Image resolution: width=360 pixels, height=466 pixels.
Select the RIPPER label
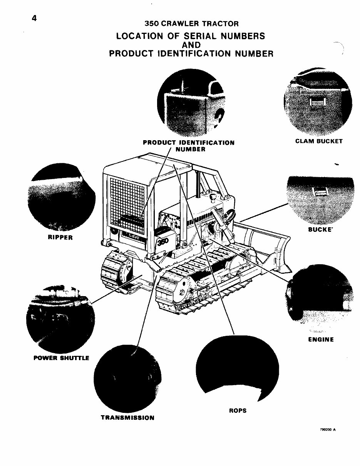(x=60, y=238)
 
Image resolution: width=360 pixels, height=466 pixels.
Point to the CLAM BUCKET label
(x=318, y=141)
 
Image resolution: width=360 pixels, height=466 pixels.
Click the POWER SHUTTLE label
(x=61, y=358)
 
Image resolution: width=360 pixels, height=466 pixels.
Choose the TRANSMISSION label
(x=127, y=418)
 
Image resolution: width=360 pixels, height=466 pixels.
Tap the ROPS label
(x=238, y=411)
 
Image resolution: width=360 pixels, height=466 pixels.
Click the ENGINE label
(x=321, y=340)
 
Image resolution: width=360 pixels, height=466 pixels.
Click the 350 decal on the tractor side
(x=162, y=242)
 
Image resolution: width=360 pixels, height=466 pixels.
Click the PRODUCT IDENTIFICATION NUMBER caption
(x=189, y=146)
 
